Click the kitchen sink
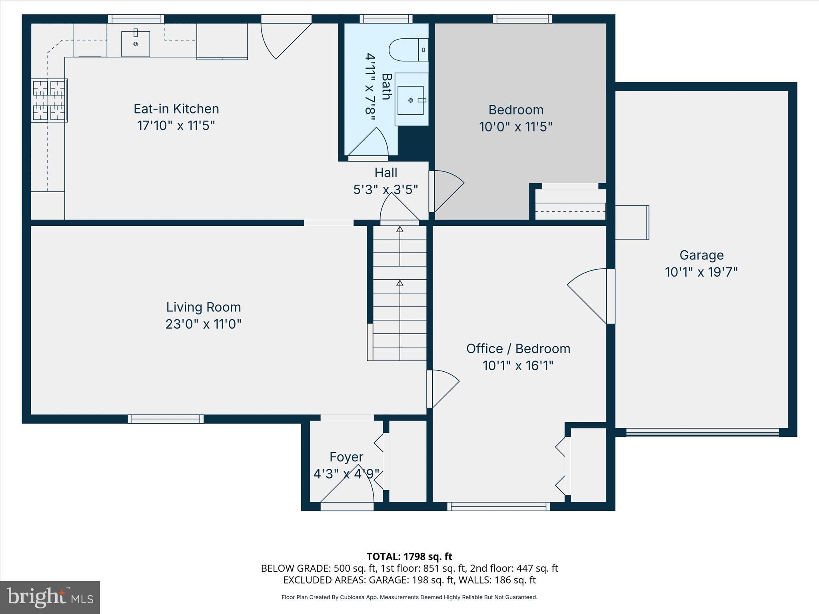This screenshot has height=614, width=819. (x=136, y=44)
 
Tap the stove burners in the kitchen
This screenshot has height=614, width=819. (x=50, y=100)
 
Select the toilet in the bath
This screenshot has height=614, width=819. (x=408, y=50)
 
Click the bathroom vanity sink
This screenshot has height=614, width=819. (x=411, y=100)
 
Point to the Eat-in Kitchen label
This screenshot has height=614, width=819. (x=176, y=109)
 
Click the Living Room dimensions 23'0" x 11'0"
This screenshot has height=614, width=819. (x=204, y=324)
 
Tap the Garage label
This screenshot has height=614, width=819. (x=701, y=255)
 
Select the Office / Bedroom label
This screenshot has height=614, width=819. (x=518, y=349)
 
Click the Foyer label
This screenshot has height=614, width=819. (x=346, y=457)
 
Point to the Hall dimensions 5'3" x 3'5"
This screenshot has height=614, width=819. (x=386, y=189)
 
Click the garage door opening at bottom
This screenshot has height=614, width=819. (x=702, y=432)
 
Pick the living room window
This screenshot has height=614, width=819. (x=166, y=419)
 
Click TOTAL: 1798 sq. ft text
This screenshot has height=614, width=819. (x=409, y=556)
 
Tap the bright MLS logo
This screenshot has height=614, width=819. (x=50, y=597)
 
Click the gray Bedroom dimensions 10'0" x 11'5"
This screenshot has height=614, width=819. (x=515, y=127)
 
